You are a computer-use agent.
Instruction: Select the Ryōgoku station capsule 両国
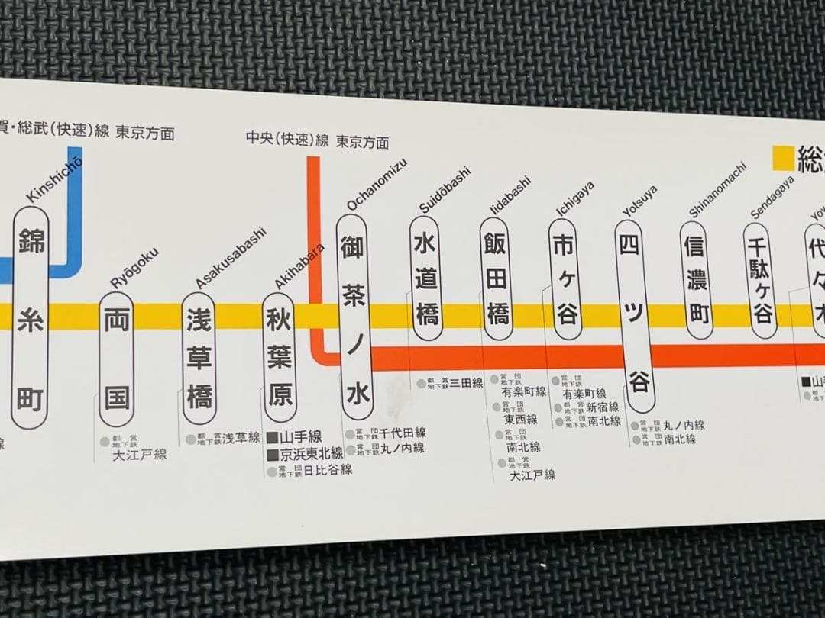pyautogui.click(x=117, y=358)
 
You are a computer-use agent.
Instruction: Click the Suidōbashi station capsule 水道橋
pyautogui.click(x=426, y=278)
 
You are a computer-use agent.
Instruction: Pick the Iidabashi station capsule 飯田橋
pyautogui.click(x=495, y=279)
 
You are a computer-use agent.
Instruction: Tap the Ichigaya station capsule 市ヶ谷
pyautogui.click(x=566, y=279)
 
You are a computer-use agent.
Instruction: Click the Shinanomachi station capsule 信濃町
pyautogui.click(x=696, y=279)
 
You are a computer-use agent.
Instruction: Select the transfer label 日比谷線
pyautogui.click(x=328, y=470)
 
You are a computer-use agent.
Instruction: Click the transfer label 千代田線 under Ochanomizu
pyautogui.click(x=403, y=433)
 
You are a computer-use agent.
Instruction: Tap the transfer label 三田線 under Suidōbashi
pyautogui.click(x=466, y=382)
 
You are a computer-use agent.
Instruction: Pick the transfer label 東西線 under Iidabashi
pyautogui.click(x=520, y=419)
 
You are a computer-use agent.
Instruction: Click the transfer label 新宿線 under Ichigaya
pyautogui.click(x=603, y=407)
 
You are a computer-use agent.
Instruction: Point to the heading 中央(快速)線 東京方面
pyautogui.click(x=317, y=141)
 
